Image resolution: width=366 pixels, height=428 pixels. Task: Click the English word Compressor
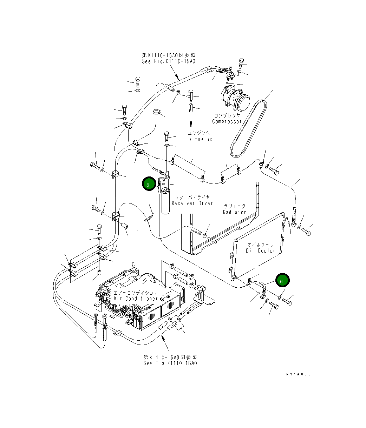(227, 121)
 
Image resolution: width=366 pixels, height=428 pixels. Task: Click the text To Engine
(199, 139)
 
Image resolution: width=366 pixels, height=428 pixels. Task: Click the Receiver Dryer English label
(192, 203)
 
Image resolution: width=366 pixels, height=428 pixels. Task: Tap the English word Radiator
(234, 212)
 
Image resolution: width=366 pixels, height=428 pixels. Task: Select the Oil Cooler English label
(262, 250)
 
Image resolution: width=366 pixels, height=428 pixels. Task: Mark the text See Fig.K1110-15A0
(168, 61)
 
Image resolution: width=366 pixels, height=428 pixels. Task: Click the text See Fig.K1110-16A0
(170, 363)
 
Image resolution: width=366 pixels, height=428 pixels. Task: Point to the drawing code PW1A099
(298, 374)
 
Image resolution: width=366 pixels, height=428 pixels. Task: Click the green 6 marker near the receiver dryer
(148, 184)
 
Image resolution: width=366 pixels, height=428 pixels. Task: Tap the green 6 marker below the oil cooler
(282, 281)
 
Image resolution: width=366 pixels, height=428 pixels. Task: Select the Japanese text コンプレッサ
(227, 115)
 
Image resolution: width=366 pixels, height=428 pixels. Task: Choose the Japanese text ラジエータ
(234, 206)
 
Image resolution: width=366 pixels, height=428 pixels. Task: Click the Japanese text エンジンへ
(199, 133)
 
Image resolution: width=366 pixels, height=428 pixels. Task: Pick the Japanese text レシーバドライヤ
(192, 197)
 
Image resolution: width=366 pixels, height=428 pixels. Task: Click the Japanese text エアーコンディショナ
(136, 292)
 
